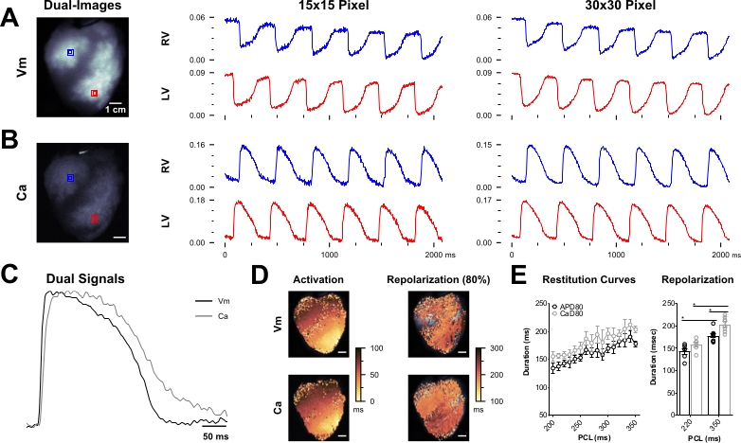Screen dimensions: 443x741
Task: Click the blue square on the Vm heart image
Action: coord(71,54)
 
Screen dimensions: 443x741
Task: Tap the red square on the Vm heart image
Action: coord(94,93)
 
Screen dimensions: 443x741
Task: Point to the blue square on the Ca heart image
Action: coord(70,178)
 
